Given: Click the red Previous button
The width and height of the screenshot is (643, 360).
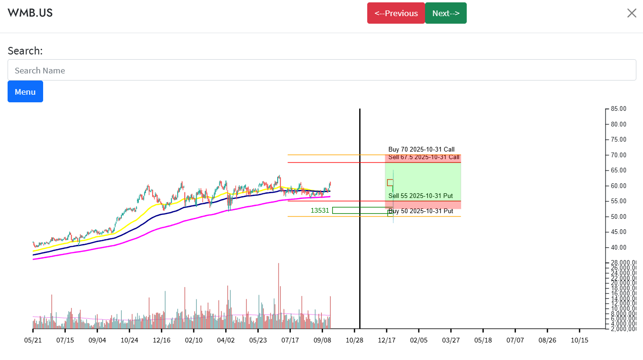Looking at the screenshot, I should [x=396, y=13].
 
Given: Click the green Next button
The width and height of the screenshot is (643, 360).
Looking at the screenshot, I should [x=445, y=13].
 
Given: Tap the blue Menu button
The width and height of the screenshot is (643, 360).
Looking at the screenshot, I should [x=25, y=91].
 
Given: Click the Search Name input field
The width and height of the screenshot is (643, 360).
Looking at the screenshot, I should [x=322, y=70].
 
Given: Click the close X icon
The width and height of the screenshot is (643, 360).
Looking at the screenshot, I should [x=632, y=13].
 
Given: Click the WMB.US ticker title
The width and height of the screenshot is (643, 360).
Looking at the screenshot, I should [x=30, y=13].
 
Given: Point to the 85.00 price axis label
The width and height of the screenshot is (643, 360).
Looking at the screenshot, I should [x=618, y=109].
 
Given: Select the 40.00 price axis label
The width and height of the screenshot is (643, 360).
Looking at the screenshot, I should [x=618, y=247].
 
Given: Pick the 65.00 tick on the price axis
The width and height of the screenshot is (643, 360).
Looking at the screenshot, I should [x=618, y=171].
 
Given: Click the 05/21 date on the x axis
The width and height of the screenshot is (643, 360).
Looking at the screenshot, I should [x=33, y=340].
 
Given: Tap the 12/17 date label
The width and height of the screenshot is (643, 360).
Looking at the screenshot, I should [x=387, y=340].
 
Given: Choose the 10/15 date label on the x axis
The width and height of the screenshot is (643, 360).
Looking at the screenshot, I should [x=580, y=340].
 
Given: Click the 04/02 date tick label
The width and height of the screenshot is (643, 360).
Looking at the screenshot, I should [x=226, y=340].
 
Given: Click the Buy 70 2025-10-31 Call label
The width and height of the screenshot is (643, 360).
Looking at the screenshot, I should [x=421, y=150].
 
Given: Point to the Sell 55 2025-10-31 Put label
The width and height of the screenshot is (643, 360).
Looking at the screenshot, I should [x=420, y=196].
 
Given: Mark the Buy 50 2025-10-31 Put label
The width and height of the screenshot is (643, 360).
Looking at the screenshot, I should [x=420, y=211].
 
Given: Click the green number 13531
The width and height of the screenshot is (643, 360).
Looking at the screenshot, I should [x=320, y=210].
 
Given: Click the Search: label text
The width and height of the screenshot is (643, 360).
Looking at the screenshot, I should [x=25, y=51].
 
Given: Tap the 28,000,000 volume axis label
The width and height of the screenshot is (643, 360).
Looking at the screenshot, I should [x=623, y=263].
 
